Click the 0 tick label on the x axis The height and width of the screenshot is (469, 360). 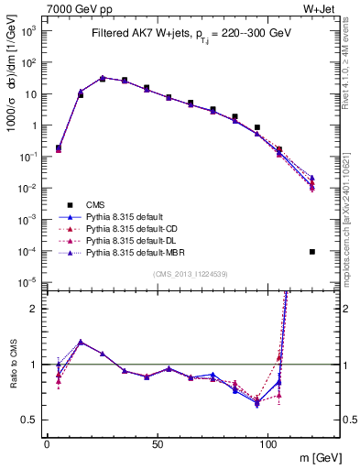[x=47, y=443]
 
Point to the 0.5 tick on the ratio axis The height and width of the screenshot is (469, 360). [x=31, y=420]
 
